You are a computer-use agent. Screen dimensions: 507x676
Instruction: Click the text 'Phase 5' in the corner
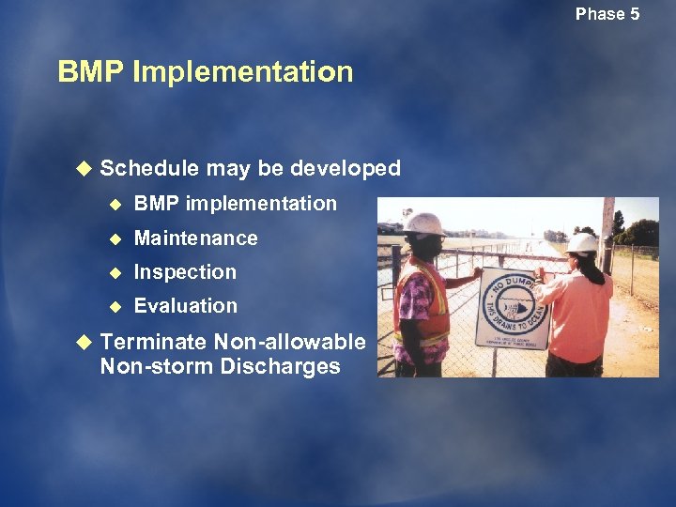point(607,13)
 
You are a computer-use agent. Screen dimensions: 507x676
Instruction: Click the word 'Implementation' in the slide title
point(243,72)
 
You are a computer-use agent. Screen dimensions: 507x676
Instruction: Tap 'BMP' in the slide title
point(91,72)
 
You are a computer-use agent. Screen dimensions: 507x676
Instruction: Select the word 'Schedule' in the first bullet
point(149,168)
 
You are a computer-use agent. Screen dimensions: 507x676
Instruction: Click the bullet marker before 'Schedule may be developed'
point(83,169)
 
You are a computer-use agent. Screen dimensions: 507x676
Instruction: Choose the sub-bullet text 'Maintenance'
point(195,238)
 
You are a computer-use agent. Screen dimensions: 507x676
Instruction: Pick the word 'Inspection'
point(185,272)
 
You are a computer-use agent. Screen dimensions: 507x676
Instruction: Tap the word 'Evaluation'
point(186,306)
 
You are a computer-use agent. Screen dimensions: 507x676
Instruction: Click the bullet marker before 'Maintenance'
point(116,238)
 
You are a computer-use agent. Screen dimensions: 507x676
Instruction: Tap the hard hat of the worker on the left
point(424,223)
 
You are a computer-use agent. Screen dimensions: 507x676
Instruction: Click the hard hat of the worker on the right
point(583,243)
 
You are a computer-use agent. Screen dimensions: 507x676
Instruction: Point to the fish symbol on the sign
point(512,307)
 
